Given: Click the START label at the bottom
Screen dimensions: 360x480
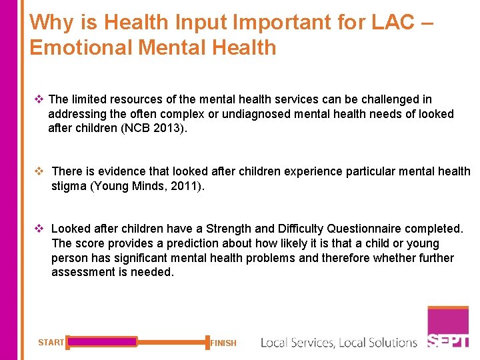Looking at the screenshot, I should point(51,343).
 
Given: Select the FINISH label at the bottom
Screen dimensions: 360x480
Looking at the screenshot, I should point(223,343).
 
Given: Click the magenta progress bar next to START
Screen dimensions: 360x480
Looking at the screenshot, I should point(102,342).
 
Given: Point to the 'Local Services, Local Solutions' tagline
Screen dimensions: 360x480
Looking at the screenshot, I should point(339,343).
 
